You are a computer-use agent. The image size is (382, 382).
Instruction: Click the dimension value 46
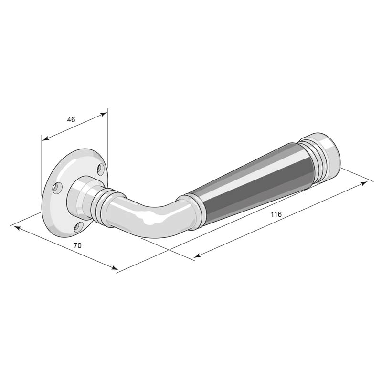[71, 120]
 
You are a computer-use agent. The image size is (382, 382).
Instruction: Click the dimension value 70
[77, 245]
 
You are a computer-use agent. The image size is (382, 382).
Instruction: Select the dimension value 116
[276, 214]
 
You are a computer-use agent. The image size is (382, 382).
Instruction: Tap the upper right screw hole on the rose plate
[101, 170]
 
